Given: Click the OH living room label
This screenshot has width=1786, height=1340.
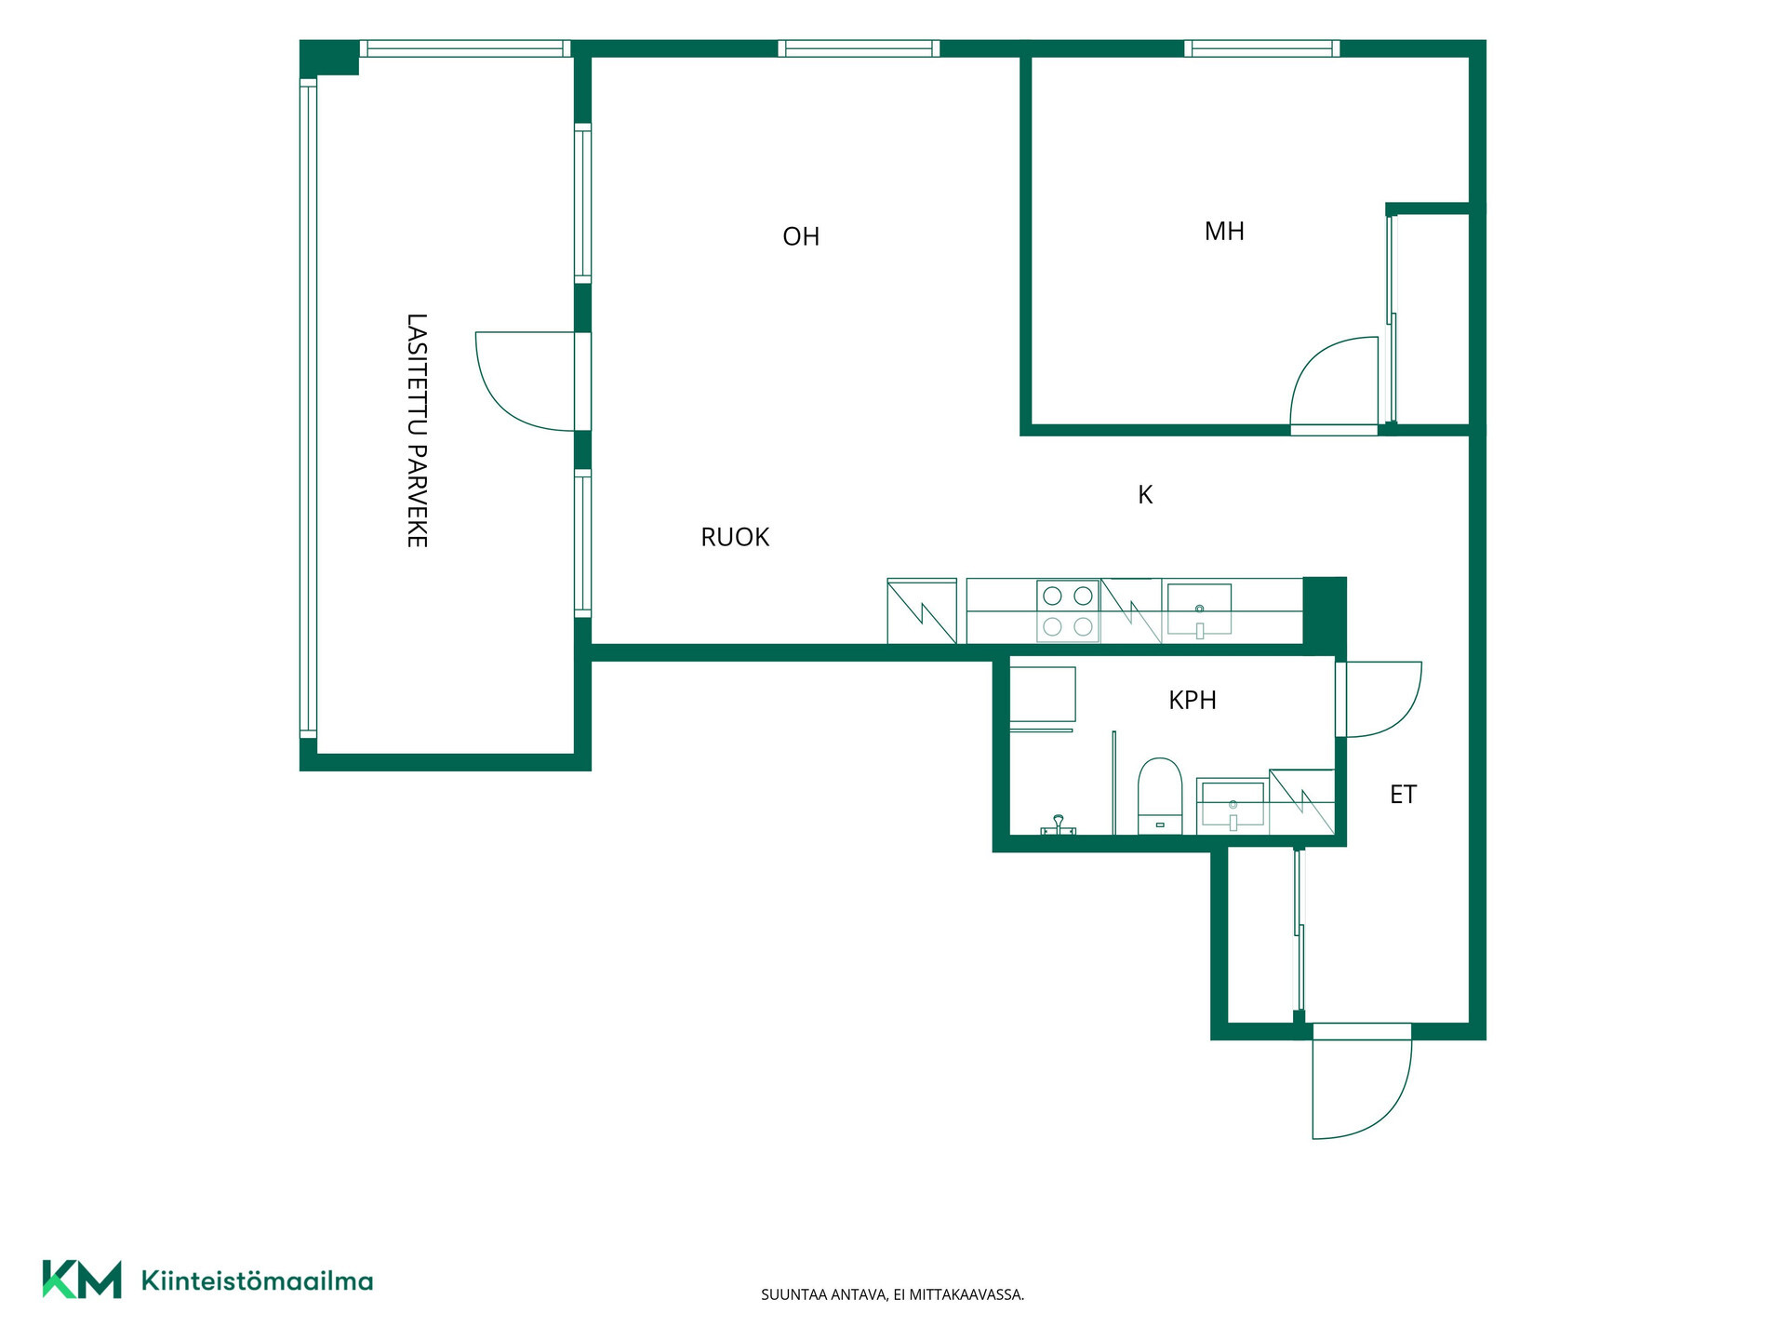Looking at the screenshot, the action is (x=801, y=236).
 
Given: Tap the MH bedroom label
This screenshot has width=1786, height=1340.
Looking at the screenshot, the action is (x=1224, y=231).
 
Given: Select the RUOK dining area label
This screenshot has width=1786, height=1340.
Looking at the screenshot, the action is (x=735, y=537).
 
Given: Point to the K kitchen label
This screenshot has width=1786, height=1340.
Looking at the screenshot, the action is (x=1145, y=495).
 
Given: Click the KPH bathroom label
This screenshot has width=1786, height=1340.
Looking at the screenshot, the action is (x=1193, y=700).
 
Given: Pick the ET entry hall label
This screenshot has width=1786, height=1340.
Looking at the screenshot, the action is (x=1403, y=795).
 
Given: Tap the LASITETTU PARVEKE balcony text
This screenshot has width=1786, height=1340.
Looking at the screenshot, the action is (x=417, y=430).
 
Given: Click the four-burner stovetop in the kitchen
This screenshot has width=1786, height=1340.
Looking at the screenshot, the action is (x=1068, y=610).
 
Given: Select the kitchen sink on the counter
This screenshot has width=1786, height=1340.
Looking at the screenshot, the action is (x=1199, y=610).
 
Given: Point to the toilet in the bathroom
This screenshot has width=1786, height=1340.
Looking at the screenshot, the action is (x=1160, y=797).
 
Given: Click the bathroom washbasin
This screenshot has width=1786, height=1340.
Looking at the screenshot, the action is (x=1233, y=804).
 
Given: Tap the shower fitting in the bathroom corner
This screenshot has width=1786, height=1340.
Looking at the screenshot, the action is (x=1058, y=825).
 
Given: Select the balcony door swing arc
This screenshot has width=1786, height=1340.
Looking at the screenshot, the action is (x=502, y=404).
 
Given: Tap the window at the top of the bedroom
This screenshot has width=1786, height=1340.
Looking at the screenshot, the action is (x=1262, y=48).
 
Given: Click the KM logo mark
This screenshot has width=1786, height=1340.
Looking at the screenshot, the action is (x=82, y=1280).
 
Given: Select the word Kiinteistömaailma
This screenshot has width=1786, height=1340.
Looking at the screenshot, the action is (x=257, y=1280).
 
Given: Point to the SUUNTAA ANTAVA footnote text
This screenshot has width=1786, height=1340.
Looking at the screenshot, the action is (x=893, y=1294).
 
